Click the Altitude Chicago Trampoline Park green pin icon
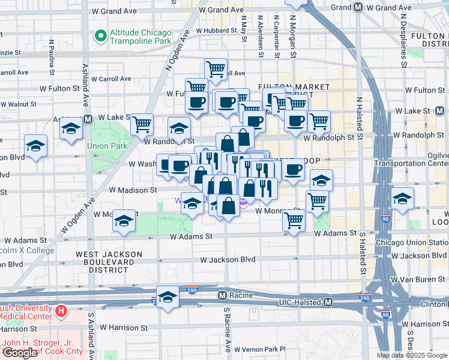point(100,37)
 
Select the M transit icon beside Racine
point(222,296)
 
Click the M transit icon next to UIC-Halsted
point(328,303)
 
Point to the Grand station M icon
point(358,7)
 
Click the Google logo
point(20,352)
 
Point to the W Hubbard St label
point(217,29)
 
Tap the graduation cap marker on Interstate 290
point(168,296)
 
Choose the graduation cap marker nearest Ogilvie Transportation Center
point(402,199)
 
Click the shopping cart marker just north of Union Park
point(142,124)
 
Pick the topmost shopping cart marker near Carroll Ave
point(215,68)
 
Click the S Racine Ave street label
point(228,329)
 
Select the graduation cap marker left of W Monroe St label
point(124,220)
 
